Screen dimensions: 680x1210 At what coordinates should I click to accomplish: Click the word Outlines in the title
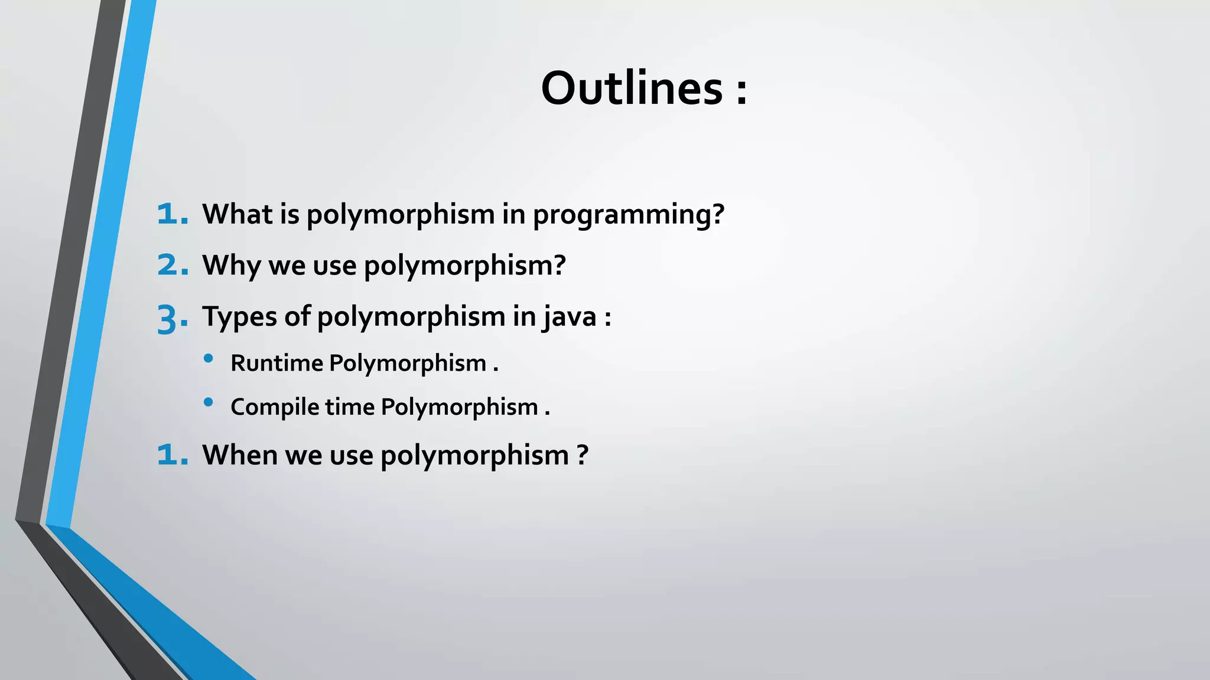[x=632, y=88]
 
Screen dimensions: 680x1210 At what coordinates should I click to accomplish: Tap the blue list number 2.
[x=172, y=265]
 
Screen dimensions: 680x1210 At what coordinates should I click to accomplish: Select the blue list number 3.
[x=172, y=319]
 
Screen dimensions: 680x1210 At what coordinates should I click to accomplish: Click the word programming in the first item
[x=628, y=215]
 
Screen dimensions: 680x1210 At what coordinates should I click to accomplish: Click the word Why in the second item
[x=232, y=266]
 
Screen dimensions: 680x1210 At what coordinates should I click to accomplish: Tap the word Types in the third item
[x=239, y=317]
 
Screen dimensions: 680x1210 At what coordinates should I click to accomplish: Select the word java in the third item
[x=570, y=317]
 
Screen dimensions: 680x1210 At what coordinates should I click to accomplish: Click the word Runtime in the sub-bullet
[x=277, y=363]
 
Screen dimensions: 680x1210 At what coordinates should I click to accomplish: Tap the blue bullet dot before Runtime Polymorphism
[x=208, y=358]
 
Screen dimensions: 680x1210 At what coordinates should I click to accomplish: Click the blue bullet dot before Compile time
[x=208, y=403]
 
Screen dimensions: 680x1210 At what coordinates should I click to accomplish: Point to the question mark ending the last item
[x=583, y=455]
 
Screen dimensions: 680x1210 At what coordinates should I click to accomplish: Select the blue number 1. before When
[x=172, y=455]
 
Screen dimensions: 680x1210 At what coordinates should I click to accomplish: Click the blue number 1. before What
[x=172, y=214]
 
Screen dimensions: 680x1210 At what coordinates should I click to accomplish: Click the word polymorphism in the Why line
[x=464, y=266]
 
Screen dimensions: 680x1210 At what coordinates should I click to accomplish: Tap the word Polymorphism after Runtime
[x=408, y=363]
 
